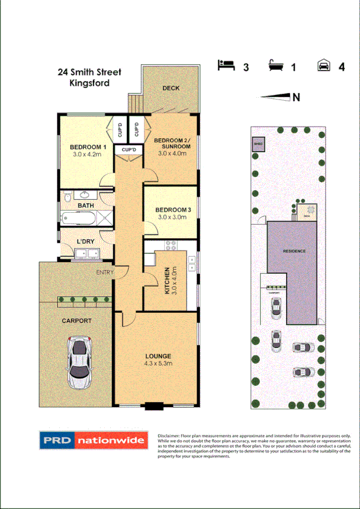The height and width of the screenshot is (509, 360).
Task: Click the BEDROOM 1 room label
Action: pos(87,147)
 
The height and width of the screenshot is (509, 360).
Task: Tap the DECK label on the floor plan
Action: pos(171,88)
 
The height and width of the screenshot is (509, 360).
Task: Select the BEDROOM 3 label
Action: pos(173,209)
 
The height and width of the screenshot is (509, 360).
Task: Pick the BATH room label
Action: pos(86,206)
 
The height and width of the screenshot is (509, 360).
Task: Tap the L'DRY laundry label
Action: pos(86,242)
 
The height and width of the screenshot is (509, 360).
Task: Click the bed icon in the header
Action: pos(226,65)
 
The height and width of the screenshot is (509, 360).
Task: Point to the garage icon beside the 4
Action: pos(323,65)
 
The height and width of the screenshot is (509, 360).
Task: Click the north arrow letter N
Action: pos(296,97)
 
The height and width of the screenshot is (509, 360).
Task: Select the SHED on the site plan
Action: pos(258,144)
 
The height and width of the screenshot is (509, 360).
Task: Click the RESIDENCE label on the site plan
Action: pos(294,251)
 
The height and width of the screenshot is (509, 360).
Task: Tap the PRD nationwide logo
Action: pos(92,441)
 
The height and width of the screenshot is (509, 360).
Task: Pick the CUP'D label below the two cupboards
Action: pos(129,149)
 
